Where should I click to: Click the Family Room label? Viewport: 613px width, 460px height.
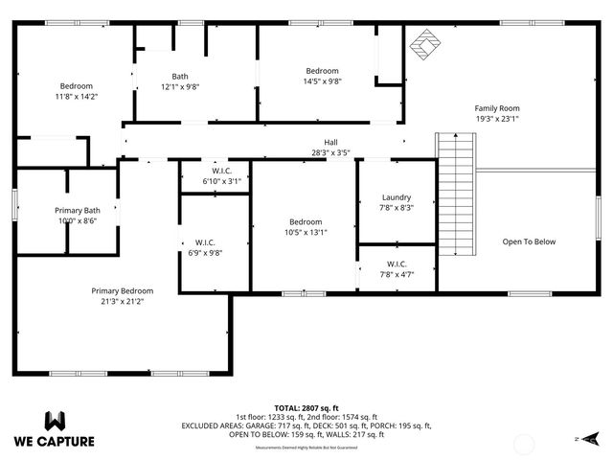[496, 108]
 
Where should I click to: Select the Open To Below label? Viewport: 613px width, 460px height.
[529, 241]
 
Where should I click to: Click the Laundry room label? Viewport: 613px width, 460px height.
[396, 196]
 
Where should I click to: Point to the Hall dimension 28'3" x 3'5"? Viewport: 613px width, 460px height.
[329, 152]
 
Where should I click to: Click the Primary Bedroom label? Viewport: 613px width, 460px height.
[122, 290]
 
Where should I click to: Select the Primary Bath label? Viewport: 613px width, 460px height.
[77, 210]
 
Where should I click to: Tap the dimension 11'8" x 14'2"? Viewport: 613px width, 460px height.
[76, 96]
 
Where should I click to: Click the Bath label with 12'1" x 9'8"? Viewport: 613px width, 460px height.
[180, 77]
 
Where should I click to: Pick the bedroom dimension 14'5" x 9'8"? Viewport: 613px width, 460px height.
[322, 81]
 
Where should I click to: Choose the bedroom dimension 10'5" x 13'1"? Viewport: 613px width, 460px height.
[306, 231]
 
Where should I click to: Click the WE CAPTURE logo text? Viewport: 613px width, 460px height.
[55, 441]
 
